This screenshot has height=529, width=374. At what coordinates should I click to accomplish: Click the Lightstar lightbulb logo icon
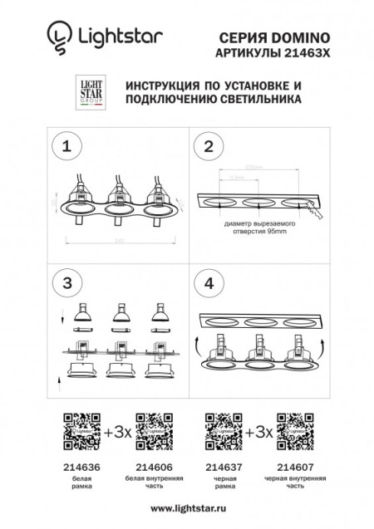pyautogui.click(x=57, y=36)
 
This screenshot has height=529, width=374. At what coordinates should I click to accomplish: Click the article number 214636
pyautogui.click(x=81, y=468)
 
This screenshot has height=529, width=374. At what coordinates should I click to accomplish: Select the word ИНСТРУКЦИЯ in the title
pyautogui.click(x=167, y=86)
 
